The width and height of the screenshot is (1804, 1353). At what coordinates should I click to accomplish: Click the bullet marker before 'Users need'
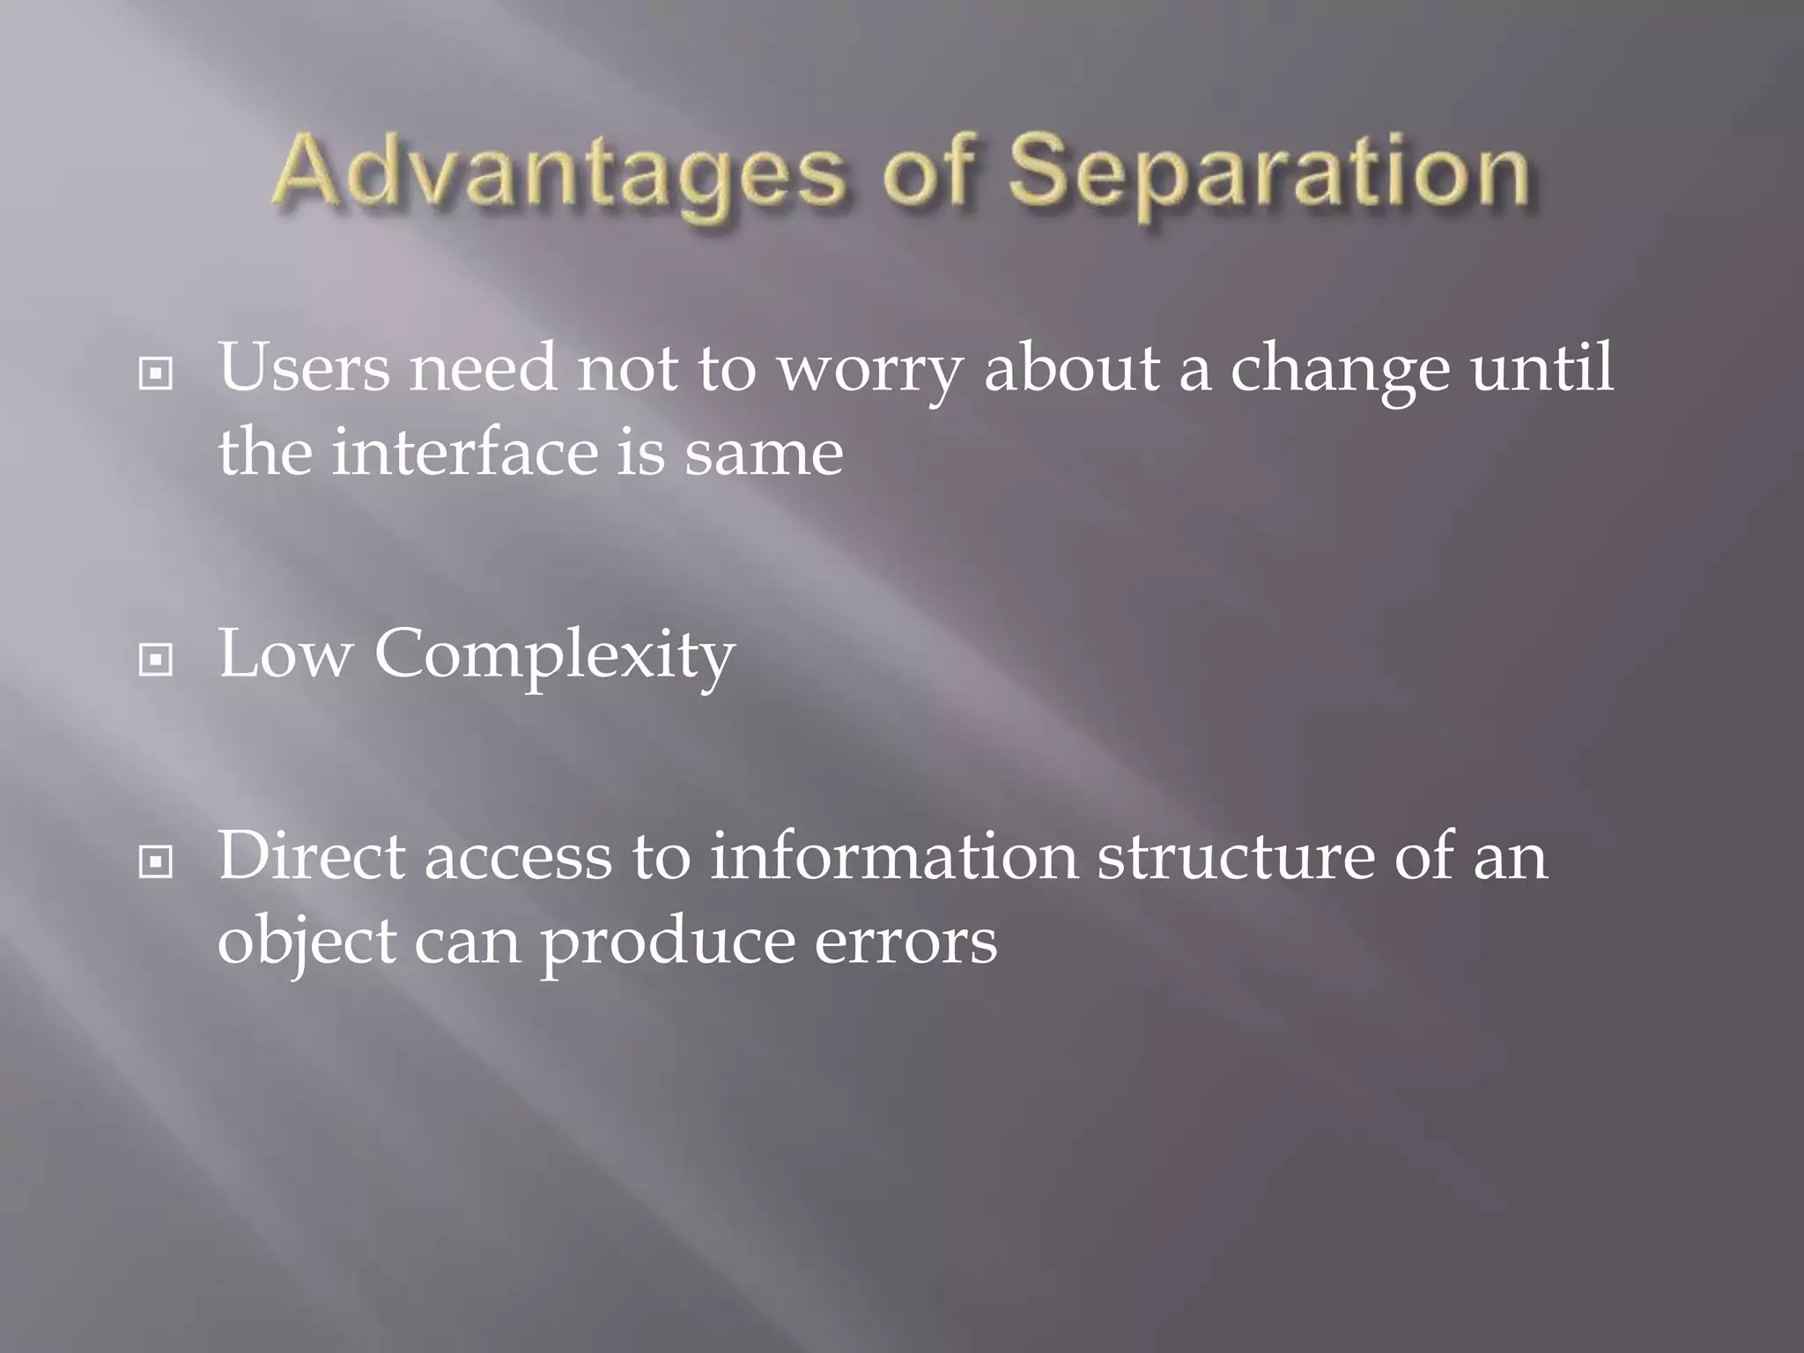pos(156,374)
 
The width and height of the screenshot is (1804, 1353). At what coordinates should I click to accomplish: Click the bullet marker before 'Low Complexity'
pos(156,659)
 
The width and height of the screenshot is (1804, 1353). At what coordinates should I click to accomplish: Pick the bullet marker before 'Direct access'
pos(156,862)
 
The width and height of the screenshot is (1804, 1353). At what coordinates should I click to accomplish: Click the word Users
pos(304,368)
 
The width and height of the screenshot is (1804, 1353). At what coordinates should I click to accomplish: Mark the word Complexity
pos(554,657)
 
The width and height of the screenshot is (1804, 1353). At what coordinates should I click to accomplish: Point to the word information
pos(893,856)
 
